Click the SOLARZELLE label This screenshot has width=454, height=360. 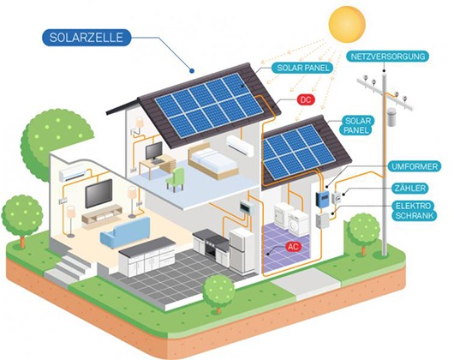coord(87,38)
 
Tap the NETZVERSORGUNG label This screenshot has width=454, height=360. coord(388,57)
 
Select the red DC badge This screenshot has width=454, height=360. coord(306,100)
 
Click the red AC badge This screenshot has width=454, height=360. coord(294,247)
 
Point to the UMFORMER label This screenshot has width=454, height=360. coord(415,166)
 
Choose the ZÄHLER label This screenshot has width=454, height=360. coord(410,189)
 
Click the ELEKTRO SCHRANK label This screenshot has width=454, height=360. coord(415,211)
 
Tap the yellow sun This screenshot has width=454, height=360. coord(347,25)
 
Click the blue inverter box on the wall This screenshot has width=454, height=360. coord(322,199)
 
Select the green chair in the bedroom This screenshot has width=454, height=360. coord(176,179)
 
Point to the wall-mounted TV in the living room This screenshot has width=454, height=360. coord(99,193)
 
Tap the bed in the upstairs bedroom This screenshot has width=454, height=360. coord(212,161)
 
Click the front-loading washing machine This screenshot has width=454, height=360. coord(298,223)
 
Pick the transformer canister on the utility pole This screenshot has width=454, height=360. coord(391,117)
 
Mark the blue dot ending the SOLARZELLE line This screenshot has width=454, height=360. coord(191,70)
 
